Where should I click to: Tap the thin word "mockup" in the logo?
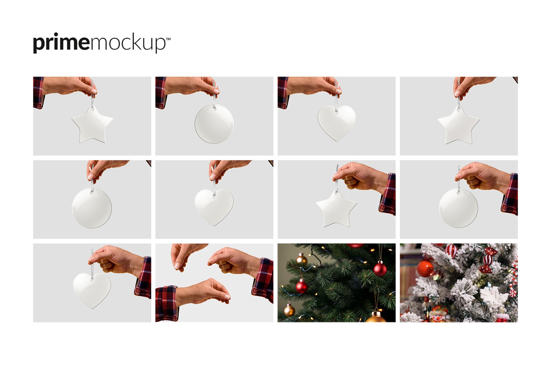pos(128,43)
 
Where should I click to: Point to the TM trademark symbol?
pos(168,39)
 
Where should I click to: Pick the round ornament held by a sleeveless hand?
pos(92,208)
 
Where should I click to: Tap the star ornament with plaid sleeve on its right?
pos(336,208)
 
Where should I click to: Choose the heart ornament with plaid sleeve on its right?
pos(92,290)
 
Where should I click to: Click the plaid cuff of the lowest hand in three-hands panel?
pos(167,304)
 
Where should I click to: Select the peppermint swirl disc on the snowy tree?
pos(513,293)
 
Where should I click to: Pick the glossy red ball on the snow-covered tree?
pos(425,269)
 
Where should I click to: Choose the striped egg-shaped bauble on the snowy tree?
pos(451,251)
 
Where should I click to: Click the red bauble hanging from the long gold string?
pos(380,268)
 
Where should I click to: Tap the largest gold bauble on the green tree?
pos(376,317)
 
